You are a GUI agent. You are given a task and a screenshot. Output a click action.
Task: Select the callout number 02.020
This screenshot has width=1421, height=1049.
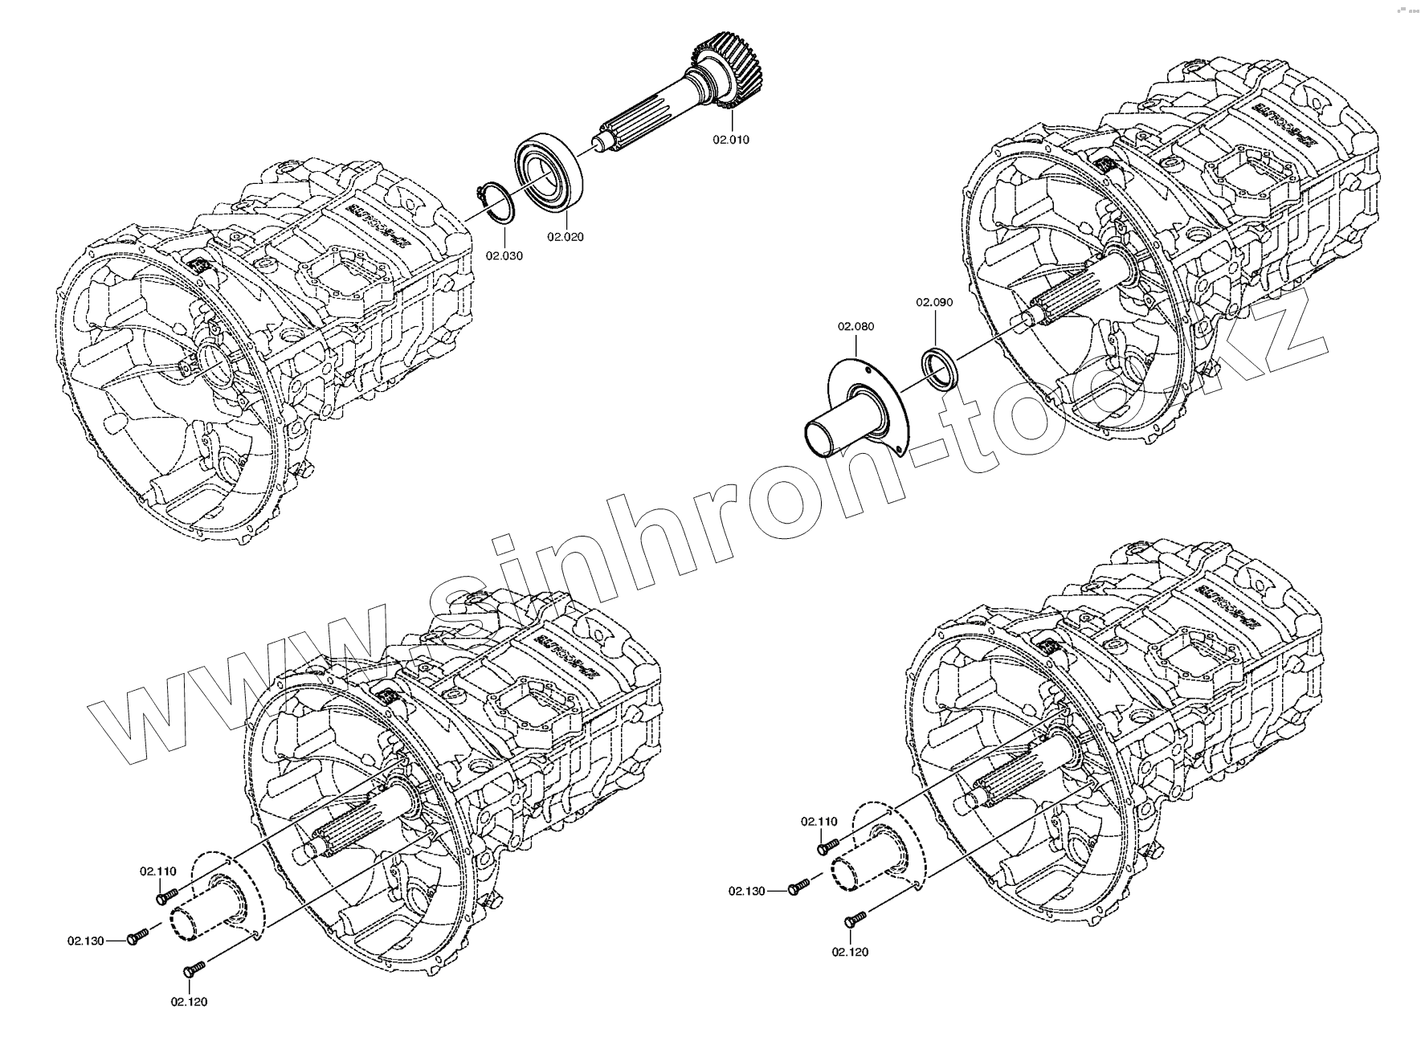point(566,237)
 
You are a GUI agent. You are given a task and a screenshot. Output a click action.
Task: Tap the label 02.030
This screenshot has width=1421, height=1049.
point(504,256)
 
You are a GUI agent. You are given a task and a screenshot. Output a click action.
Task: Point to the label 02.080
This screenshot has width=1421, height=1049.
point(855,327)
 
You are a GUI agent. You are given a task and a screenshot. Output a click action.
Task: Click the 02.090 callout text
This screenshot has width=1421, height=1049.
point(935,302)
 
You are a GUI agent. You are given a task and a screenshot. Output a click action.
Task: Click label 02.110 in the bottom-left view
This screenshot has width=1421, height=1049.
point(157,871)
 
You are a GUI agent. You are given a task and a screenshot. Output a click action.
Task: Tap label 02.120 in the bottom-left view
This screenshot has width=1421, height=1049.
point(189,1002)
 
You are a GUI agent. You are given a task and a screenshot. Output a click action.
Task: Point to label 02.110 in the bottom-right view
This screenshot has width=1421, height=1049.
point(819,822)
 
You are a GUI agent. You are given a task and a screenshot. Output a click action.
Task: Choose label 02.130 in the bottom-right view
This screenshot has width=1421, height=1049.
point(748,891)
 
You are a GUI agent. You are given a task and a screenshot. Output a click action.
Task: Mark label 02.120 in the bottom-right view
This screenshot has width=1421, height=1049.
point(850,952)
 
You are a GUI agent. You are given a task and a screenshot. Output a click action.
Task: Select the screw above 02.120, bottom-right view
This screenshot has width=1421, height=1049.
point(855,918)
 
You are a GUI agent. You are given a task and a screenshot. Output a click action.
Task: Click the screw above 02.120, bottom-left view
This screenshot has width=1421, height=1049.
point(195,967)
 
